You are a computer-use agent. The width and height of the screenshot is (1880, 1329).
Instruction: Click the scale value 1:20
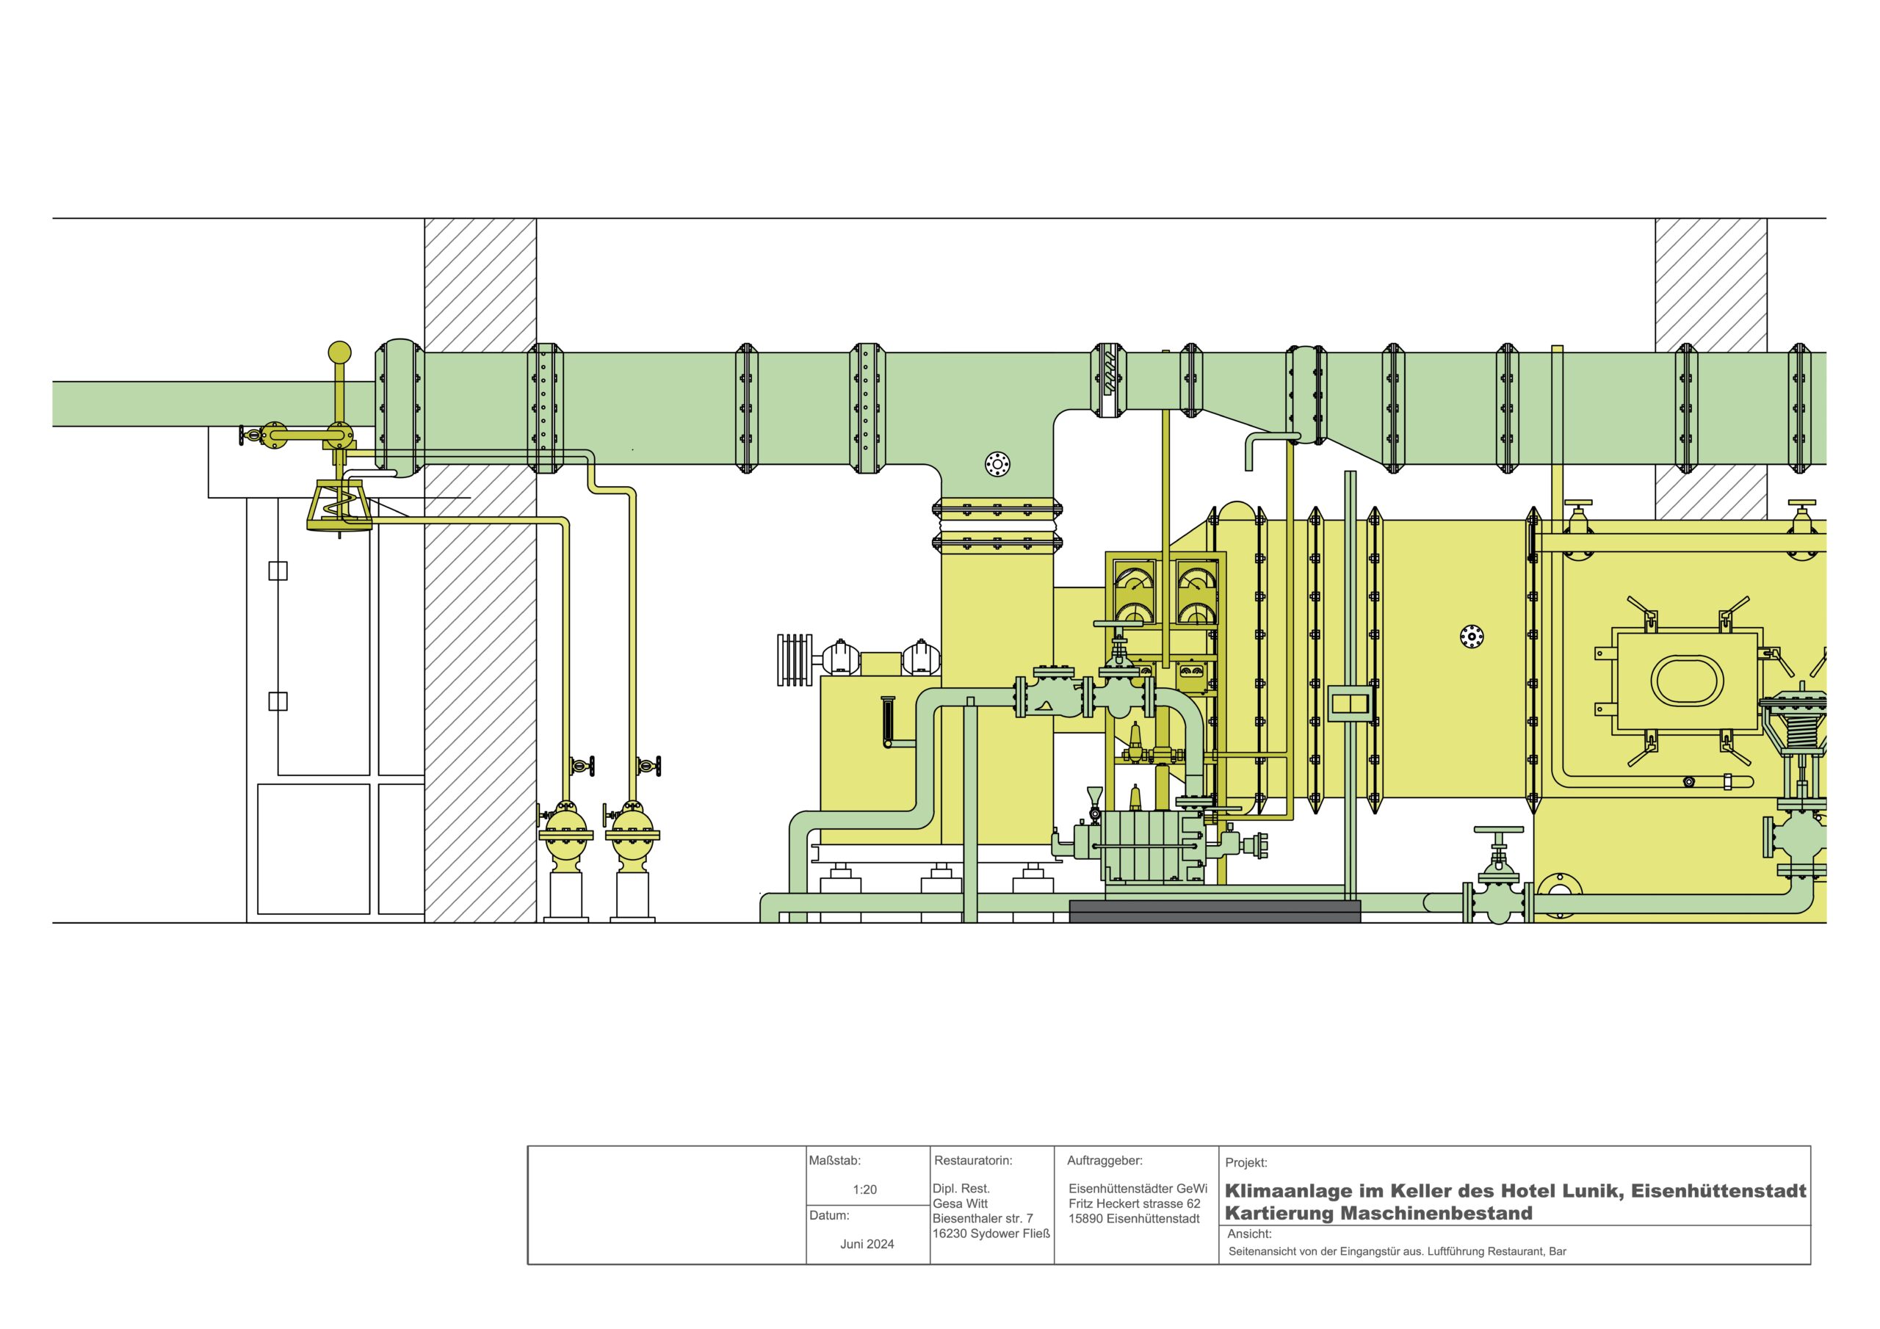(x=864, y=1189)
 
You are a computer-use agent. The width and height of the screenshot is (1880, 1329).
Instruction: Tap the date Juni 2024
(x=867, y=1244)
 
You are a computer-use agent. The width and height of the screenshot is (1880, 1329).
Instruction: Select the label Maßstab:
(x=835, y=1160)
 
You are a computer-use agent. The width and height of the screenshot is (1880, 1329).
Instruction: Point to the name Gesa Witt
(x=961, y=1203)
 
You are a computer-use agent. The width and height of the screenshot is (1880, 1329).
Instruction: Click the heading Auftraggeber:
(x=1104, y=1160)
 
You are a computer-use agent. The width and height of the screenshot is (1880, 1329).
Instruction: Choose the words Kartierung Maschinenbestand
(x=1379, y=1213)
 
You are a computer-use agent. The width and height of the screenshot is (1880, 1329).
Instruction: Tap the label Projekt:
(x=1246, y=1163)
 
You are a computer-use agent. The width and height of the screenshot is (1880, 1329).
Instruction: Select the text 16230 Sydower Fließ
(x=991, y=1234)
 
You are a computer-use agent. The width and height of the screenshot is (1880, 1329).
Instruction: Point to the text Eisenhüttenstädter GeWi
(x=1138, y=1189)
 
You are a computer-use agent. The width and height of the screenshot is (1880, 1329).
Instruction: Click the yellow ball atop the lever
(x=339, y=352)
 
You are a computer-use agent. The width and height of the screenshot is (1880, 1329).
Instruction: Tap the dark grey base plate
(x=1215, y=911)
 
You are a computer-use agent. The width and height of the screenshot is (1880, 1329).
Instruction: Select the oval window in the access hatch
(x=1687, y=680)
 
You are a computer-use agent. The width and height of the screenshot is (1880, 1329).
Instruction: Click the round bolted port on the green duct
(x=997, y=464)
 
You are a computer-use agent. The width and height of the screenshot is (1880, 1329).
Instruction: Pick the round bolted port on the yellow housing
(x=1472, y=637)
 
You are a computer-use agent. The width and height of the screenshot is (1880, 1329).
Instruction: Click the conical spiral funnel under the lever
(x=340, y=505)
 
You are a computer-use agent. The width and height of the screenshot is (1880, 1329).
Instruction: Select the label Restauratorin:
(x=974, y=1160)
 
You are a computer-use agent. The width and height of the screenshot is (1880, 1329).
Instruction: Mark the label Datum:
(x=829, y=1215)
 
